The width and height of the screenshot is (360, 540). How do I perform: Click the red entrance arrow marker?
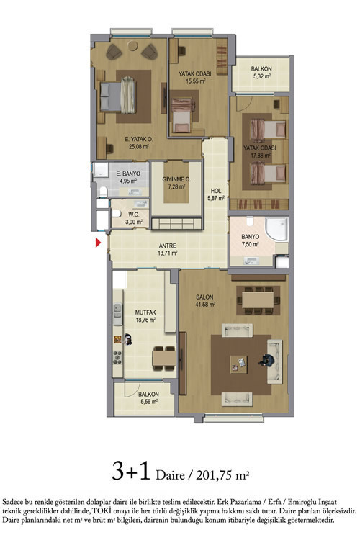pyautogui.click(x=98, y=243)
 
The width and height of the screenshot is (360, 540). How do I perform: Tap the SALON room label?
pyautogui.click(x=204, y=297)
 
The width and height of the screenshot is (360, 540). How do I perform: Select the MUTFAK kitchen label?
pyautogui.click(x=145, y=312)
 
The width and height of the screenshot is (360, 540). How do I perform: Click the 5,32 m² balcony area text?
pyautogui.click(x=261, y=76)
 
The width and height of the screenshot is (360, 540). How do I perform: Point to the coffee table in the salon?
pyautogui.click(x=239, y=364)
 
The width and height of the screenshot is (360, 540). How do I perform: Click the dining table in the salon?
pyautogui.click(x=258, y=300)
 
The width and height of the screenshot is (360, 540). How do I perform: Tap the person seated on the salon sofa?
pyautogui.click(x=266, y=360)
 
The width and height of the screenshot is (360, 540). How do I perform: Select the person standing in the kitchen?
pyautogui.click(x=128, y=339)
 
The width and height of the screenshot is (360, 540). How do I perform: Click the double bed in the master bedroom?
pyautogui.click(x=117, y=96)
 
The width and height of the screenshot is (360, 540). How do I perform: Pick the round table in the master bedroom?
pyautogui.click(x=132, y=45)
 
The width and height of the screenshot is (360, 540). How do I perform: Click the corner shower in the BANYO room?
pyautogui.click(x=276, y=229)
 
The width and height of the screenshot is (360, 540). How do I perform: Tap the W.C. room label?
pyautogui.click(x=134, y=215)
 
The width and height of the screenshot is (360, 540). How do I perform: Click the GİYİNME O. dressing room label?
pyautogui.click(x=176, y=179)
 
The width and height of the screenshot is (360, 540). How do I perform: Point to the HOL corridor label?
pyautogui.click(x=216, y=191)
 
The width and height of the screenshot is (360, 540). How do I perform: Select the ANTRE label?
pyautogui.click(x=168, y=246)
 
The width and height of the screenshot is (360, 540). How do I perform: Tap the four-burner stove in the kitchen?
pyautogui.click(x=118, y=357)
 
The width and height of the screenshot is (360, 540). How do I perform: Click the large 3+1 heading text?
pyautogui.click(x=131, y=471)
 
